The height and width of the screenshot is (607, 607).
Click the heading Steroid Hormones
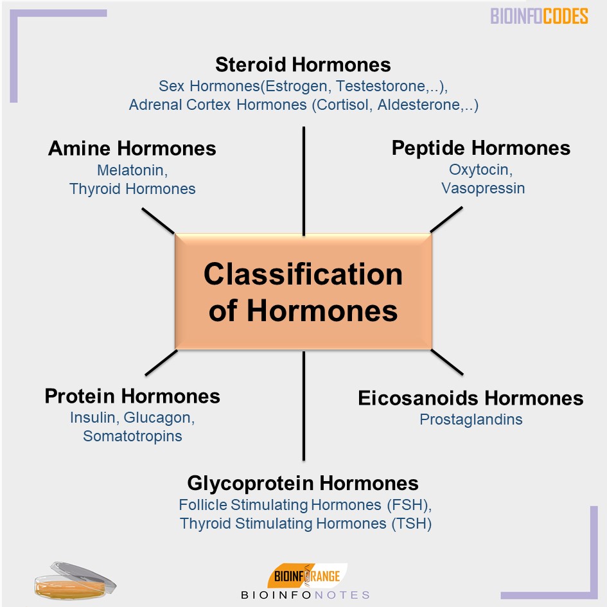(x=303, y=65)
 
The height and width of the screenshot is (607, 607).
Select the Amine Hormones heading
(x=132, y=148)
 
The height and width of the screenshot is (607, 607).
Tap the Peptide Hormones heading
(x=480, y=148)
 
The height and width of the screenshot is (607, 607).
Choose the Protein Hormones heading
(x=132, y=396)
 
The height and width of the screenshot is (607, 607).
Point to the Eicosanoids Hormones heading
(x=470, y=398)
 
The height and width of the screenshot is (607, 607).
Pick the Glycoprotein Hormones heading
(x=303, y=483)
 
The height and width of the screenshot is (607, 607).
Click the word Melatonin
(x=132, y=170)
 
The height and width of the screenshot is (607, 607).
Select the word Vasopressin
(x=482, y=188)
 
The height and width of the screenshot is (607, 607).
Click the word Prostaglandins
(x=471, y=419)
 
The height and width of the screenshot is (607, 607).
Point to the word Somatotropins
(x=132, y=436)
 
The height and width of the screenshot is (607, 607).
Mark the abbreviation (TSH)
(x=411, y=523)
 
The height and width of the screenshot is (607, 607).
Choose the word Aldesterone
(x=418, y=105)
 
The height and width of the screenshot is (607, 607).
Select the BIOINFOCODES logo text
(x=539, y=16)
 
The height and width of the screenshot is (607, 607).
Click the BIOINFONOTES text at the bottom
(x=305, y=595)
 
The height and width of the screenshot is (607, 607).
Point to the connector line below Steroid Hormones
(x=303, y=180)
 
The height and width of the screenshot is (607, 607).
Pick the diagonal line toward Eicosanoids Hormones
(x=447, y=362)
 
